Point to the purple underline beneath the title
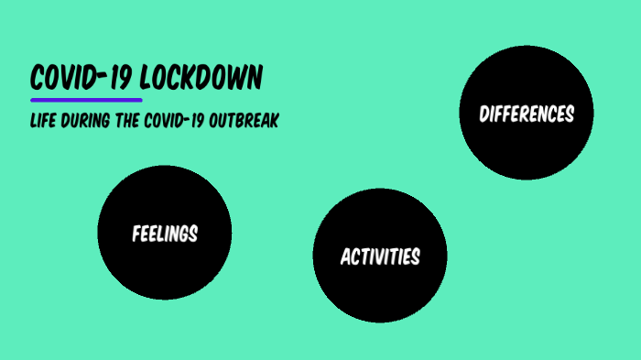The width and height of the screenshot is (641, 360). tap(86, 99)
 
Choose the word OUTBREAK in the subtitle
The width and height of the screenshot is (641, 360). tap(245, 121)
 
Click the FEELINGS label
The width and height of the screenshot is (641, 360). tap(165, 234)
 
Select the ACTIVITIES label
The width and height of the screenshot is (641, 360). tap(380, 256)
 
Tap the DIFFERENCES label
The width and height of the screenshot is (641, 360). tap(527, 115)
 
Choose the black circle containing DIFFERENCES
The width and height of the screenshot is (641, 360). tap(527, 151)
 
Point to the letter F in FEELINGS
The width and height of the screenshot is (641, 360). tap(136, 234)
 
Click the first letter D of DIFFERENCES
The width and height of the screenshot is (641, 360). tap(483, 115)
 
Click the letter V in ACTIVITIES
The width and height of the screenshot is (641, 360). tap(384, 256)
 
